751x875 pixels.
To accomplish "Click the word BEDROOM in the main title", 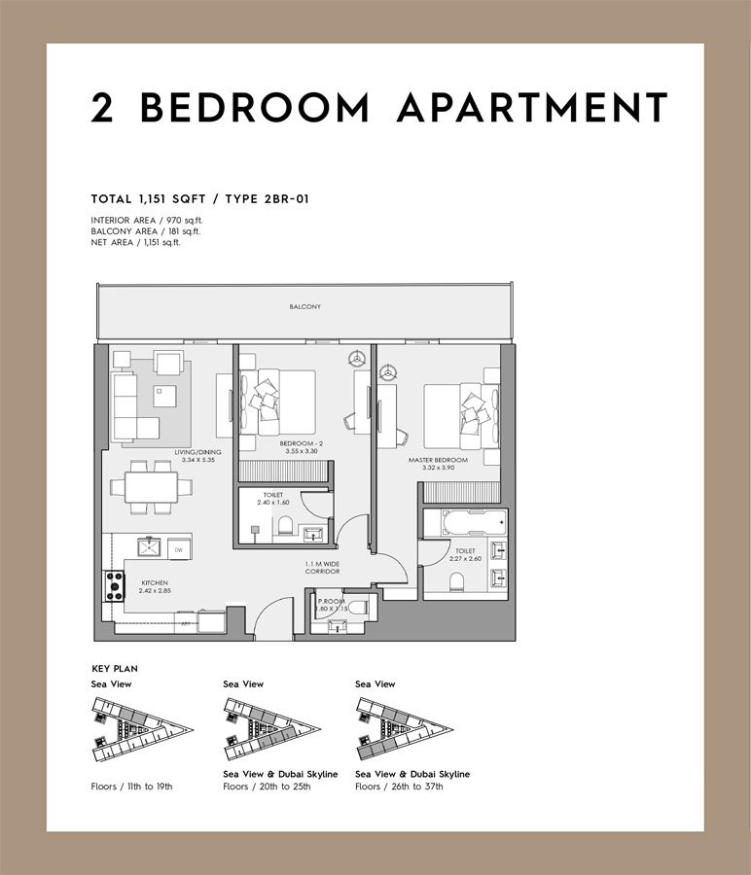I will (x=255, y=108).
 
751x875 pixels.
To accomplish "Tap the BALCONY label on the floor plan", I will (x=304, y=307).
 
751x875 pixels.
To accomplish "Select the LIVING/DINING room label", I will (x=197, y=452).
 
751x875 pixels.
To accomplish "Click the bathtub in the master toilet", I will (x=463, y=522).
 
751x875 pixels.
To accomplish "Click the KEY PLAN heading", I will (x=114, y=670).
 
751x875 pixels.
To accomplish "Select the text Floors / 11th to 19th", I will (x=131, y=786).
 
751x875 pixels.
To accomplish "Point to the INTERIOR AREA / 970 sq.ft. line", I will (x=147, y=221).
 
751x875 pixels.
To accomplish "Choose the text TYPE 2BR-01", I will (x=267, y=198).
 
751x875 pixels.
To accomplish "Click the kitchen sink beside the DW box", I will (x=152, y=549).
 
